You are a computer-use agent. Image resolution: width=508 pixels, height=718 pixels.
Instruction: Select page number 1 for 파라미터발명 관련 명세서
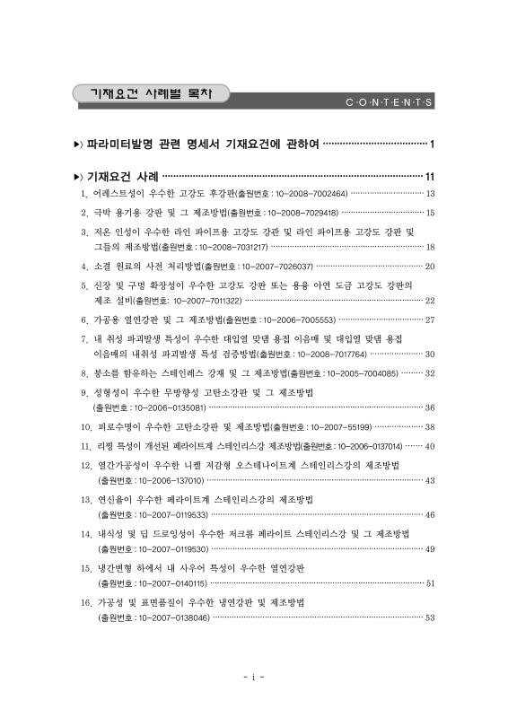[433, 144]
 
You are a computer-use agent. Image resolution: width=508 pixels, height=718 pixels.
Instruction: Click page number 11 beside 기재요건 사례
[430, 177]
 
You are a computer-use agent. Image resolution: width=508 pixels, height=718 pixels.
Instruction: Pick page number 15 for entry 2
[430, 214]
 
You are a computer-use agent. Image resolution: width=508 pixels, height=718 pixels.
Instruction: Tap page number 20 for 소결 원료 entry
[430, 267]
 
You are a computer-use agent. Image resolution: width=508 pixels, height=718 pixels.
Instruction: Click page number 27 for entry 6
[430, 320]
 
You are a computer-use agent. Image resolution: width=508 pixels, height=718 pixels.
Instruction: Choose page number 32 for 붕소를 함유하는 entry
[430, 373]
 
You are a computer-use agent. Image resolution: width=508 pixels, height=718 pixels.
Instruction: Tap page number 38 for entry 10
[430, 427]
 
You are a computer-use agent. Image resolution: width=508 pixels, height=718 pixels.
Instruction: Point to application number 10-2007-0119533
[153, 515]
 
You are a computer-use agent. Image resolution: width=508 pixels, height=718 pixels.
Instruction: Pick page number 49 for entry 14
[430, 549]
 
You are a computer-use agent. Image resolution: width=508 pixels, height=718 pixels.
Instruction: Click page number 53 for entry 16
[430, 618]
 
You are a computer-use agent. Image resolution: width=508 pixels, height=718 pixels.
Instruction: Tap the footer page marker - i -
[254, 677]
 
